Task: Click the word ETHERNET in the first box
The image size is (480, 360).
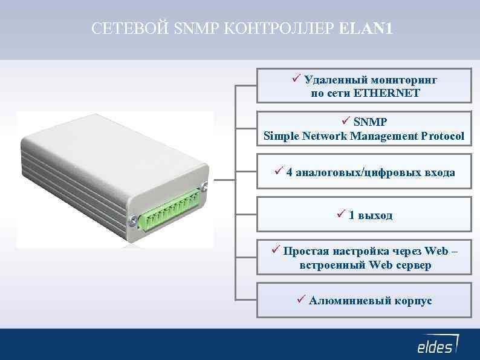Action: pos(387,94)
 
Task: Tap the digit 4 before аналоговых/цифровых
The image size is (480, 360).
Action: pos(290,172)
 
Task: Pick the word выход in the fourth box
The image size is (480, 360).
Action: pos(375,215)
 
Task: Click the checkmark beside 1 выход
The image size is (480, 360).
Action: pos(341,214)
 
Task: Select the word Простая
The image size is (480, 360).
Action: pos(306,250)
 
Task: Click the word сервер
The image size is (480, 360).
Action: pos(413,265)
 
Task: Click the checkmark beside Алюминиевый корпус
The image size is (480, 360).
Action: pos(302,299)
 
